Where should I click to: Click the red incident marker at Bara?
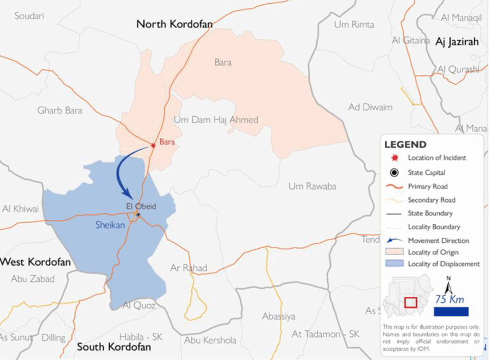click(153, 145)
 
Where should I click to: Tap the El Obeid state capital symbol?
click(138, 215)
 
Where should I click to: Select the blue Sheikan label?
click(110, 225)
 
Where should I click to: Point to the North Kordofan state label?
click(174, 24)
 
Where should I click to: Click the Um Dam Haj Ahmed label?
click(216, 120)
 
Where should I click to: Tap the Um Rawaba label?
click(312, 186)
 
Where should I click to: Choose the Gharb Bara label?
click(60, 110)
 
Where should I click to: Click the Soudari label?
click(29, 16)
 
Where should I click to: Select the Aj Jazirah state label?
click(457, 42)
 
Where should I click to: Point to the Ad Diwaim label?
click(370, 107)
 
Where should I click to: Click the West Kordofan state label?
click(35, 262)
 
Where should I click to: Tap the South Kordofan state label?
click(114, 347)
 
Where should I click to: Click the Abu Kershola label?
click(210, 340)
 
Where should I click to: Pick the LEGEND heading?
click(405, 144)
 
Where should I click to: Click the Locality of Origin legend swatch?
click(394, 252)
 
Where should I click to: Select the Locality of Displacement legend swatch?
click(394, 263)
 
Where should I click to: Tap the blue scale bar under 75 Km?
click(451, 312)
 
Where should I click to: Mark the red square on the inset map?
click(411, 303)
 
